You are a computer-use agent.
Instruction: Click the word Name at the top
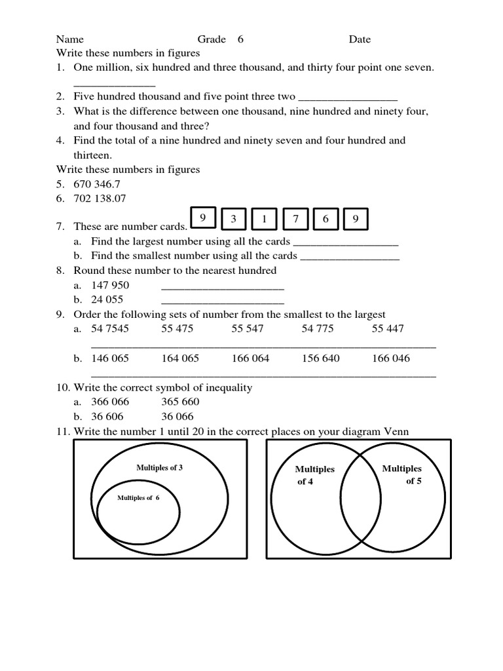69,39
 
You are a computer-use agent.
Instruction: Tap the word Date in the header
360,39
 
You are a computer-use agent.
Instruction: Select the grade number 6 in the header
240,39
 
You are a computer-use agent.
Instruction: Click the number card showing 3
233,220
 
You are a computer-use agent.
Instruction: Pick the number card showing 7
295,220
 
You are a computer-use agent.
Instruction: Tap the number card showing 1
264,220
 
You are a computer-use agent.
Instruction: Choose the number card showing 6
326,220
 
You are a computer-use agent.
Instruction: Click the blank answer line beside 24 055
222,301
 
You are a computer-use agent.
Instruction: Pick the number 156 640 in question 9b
320,358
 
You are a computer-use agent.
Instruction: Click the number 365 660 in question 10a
180,402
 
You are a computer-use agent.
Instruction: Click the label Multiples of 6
138,498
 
